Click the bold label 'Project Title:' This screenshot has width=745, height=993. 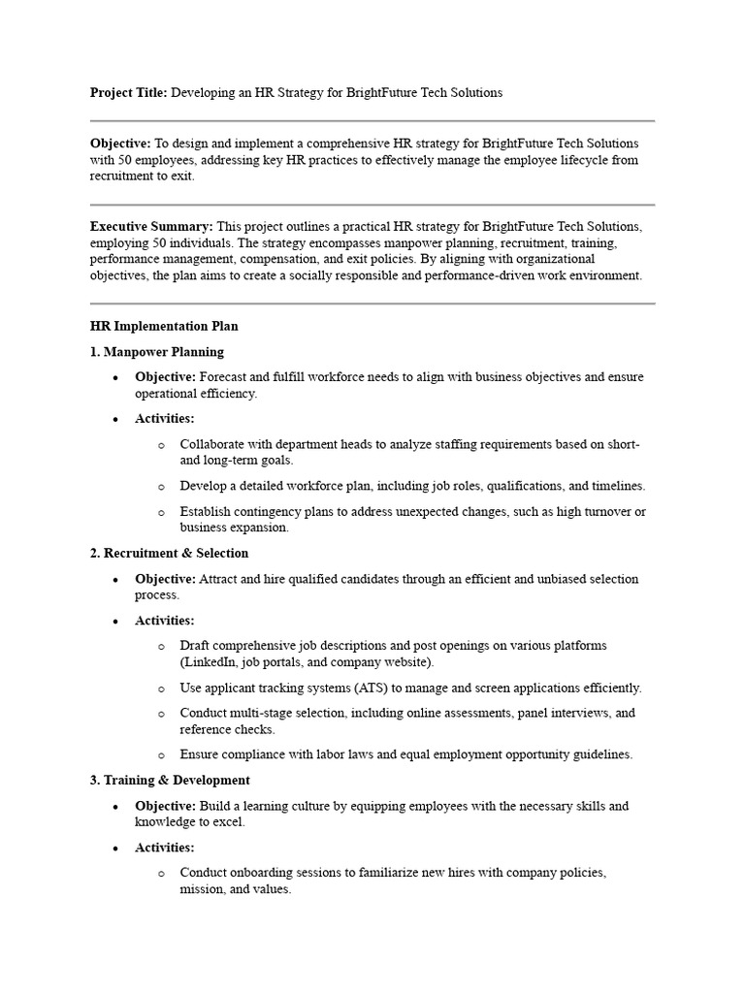[x=129, y=93]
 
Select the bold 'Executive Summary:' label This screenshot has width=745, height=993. [x=151, y=226]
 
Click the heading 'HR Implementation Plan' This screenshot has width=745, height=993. [x=164, y=327]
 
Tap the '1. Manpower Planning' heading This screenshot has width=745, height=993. [x=157, y=352]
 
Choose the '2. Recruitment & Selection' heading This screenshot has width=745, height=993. [x=170, y=553]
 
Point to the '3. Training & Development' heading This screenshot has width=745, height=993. [x=170, y=780]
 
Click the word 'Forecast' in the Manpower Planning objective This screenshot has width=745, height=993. [x=226, y=377]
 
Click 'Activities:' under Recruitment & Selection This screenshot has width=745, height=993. [x=165, y=621]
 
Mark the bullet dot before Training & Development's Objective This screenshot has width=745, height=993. [x=115, y=807]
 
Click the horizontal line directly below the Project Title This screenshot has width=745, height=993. [x=372, y=121]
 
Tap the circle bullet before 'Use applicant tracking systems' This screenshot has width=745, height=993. [x=161, y=689]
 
